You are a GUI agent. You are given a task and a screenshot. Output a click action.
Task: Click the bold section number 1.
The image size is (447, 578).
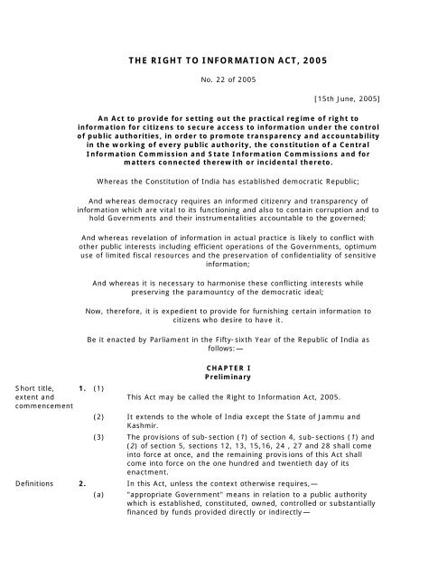(81, 389)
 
